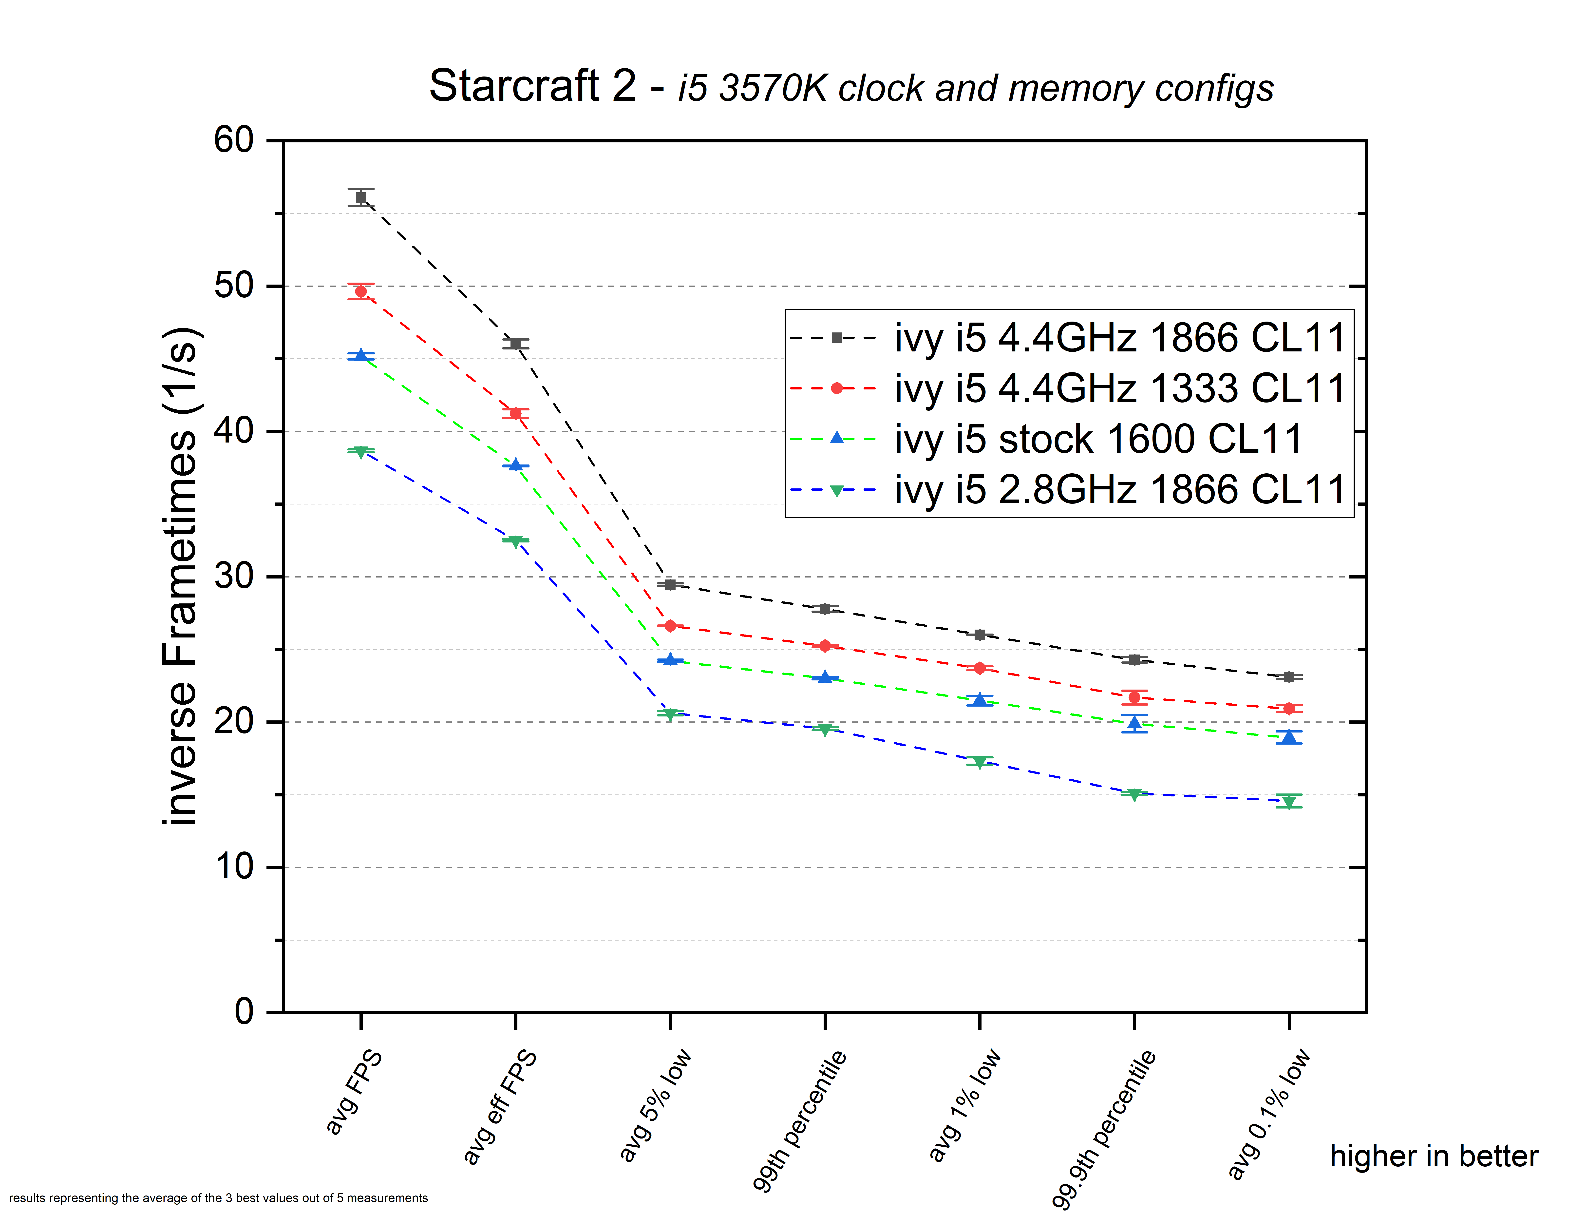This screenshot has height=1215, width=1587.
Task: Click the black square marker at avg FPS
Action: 361,197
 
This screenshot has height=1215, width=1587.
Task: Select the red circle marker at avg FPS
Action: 361,291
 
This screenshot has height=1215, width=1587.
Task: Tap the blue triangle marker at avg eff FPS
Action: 515,465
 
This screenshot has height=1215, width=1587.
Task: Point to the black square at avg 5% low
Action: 670,584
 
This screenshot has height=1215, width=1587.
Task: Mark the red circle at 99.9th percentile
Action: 1134,697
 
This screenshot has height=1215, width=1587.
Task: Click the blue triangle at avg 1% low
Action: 980,699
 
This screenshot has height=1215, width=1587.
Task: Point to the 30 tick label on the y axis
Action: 233,576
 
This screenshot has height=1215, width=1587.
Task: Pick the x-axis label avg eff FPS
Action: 500,1106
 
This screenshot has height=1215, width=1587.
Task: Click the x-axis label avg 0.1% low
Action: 1269,1114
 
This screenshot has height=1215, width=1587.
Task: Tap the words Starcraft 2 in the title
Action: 533,86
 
